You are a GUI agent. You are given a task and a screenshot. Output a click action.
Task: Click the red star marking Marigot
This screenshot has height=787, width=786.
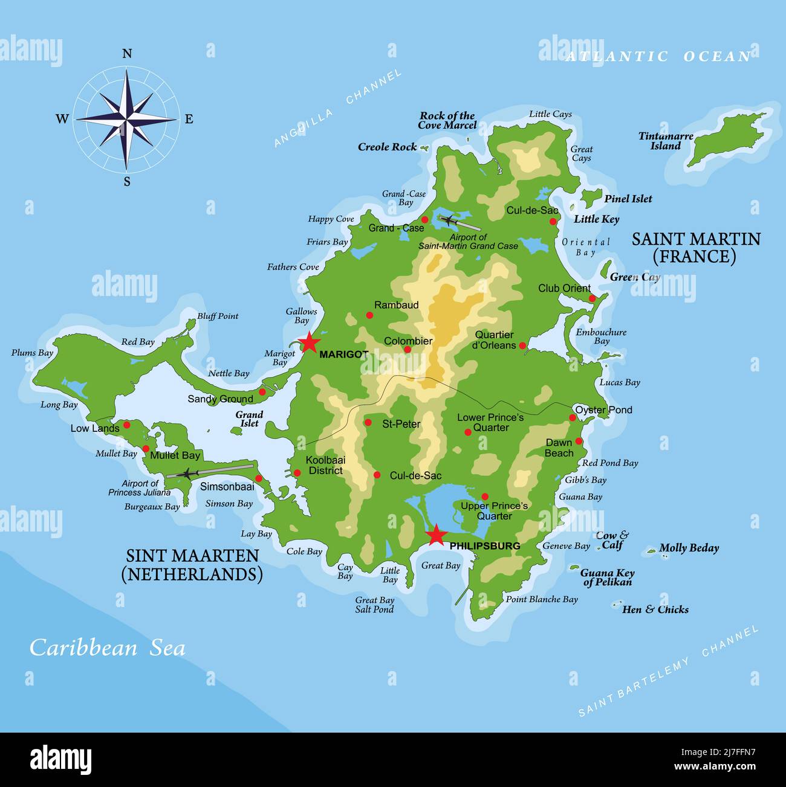[309, 342]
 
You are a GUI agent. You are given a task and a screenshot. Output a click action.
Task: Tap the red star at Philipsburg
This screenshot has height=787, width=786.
[435, 535]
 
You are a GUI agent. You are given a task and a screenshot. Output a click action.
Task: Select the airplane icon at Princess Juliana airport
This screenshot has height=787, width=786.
[188, 474]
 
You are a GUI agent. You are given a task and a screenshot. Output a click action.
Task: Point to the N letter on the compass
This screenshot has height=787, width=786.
[127, 54]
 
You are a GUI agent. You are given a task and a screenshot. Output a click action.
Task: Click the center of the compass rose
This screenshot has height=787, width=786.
[127, 119]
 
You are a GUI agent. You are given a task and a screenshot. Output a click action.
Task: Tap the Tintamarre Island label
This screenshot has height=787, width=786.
[665, 141]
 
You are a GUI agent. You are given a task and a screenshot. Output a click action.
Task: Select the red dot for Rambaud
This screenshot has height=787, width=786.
[369, 315]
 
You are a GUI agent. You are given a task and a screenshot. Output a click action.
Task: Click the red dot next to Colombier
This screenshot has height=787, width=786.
[408, 350]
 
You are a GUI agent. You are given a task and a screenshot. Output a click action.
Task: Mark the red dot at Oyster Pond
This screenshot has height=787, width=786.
[572, 418]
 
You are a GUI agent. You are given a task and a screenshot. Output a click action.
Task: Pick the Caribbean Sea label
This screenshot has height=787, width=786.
[108, 647]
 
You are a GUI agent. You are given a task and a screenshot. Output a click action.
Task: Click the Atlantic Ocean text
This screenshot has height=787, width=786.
[658, 56]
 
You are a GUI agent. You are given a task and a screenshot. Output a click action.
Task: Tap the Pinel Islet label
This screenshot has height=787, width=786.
[628, 199]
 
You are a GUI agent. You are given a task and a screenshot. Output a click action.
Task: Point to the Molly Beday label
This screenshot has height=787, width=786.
[689, 548]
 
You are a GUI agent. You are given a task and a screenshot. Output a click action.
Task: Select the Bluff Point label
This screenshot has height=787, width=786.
[218, 316]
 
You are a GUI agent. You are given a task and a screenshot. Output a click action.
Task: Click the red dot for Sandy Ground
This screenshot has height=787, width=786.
[262, 392]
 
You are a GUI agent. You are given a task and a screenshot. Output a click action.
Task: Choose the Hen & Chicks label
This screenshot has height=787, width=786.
[655, 609]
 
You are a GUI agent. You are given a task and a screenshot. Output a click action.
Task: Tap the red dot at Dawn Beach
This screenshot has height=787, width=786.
[579, 442]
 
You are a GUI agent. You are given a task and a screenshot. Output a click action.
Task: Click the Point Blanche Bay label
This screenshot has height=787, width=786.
[542, 599]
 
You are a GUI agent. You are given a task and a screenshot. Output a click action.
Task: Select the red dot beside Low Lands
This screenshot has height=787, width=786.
[126, 425]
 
